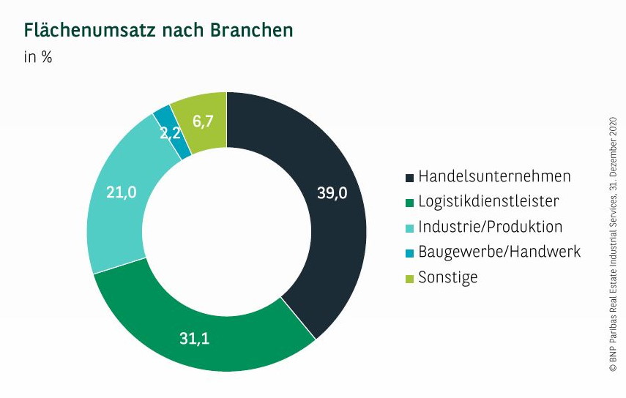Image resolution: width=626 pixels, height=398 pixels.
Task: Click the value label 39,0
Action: pyautogui.click(x=332, y=193)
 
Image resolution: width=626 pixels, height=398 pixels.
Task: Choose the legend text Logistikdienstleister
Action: pyautogui.click(x=488, y=201)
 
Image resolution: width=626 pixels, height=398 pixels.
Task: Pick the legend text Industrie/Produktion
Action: pyautogui.click(x=490, y=226)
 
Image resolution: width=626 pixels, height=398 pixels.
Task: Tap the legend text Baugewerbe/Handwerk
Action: pyautogui.click(x=499, y=252)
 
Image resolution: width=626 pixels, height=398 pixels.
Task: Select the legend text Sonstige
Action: pyautogui.click(x=447, y=277)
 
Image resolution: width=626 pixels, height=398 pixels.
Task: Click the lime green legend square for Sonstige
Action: pyautogui.click(x=409, y=278)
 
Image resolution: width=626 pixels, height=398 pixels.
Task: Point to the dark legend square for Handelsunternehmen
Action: pyautogui.click(x=409, y=177)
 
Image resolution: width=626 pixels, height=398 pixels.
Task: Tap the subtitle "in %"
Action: pyautogui.click(x=38, y=57)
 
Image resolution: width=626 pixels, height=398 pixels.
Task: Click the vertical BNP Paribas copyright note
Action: pyautogui.click(x=613, y=245)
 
